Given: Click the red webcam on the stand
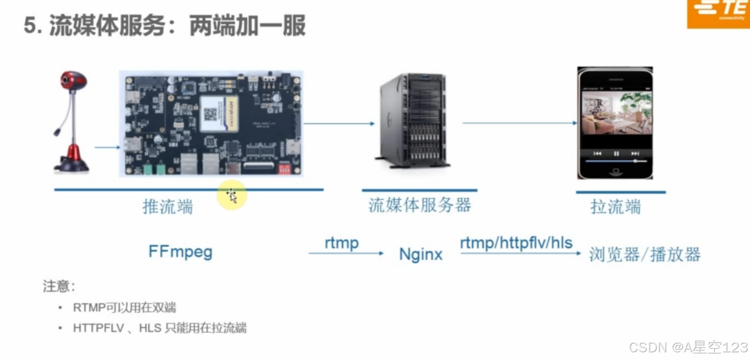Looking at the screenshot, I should [x=72, y=121].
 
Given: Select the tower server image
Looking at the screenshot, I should [x=413, y=121].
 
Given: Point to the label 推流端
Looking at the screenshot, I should [x=168, y=206].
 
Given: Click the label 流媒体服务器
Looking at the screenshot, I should [x=420, y=205].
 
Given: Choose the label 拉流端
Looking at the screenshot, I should [x=616, y=207].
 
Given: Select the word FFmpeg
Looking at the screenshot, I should [x=181, y=252].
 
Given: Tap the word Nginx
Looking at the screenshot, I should [x=421, y=254].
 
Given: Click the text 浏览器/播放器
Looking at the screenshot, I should [x=645, y=254].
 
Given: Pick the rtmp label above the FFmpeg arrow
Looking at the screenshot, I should [x=341, y=243].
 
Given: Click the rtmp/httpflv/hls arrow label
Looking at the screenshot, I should [x=517, y=243].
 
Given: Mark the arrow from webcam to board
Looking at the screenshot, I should [x=107, y=148].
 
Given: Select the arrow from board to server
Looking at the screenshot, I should [x=339, y=123].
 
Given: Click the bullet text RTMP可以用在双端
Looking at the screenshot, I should [x=124, y=308].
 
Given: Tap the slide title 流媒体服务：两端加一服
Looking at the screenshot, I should [x=165, y=26].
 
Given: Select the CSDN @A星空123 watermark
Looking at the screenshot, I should [x=688, y=347].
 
